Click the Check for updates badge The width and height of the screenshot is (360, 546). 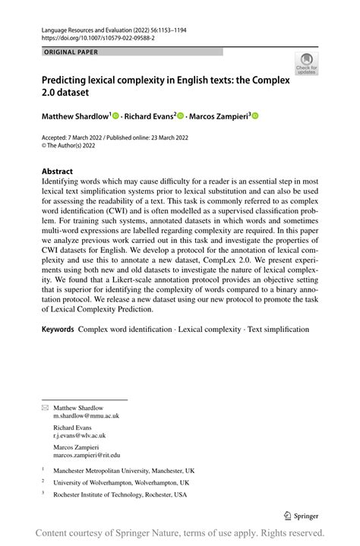(x=306, y=62)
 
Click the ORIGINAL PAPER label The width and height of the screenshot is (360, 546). (x=71, y=52)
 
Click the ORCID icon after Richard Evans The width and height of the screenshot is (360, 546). (x=181, y=115)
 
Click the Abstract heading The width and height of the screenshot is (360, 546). (x=58, y=172)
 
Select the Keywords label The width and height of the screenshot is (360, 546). (x=58, y=330)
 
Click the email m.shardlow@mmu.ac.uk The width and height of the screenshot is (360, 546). (x=86, y=416)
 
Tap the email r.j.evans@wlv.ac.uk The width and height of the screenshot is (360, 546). (x=79, y=435)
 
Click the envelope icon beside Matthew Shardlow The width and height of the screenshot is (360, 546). (x=45, y=408)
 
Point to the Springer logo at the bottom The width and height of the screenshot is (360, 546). (x=301, y=514)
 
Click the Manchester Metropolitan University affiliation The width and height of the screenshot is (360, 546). (x=123, y=470)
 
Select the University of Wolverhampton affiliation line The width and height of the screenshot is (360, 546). (x=121, y=482)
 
